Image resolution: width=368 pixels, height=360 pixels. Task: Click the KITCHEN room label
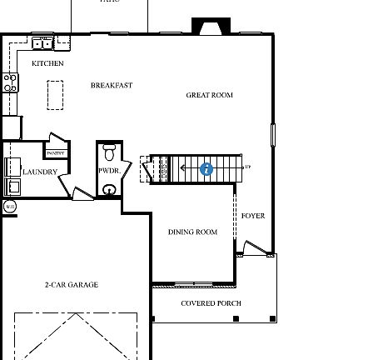click(47, 63)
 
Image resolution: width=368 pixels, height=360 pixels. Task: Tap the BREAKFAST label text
click(112, 85)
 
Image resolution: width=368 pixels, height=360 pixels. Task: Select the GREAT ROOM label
click(209, 95)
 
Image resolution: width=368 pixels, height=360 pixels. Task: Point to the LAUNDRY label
click(40, 172)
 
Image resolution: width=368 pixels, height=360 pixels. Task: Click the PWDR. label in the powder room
click(109, 171)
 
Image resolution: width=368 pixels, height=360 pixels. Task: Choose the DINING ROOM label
click(192, 232)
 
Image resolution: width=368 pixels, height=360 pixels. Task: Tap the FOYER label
click(253, 216)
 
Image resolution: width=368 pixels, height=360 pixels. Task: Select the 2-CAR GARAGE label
click(71, 285)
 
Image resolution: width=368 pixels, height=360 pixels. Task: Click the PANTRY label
click(56, 153)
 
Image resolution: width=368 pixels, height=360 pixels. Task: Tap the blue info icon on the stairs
click(206, 169)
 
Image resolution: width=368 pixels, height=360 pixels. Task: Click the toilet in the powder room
click(109, 153)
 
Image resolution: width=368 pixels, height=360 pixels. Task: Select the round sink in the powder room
click(109, 190)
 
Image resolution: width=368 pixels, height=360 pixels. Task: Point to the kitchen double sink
click(43, 42)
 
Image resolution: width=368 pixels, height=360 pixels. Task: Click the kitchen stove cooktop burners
click(10, 82)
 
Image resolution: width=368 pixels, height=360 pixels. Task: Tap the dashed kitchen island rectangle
click(55, 94)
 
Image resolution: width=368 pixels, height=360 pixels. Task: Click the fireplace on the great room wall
click(211, 27)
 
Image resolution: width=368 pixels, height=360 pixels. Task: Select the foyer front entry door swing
click(253, 248)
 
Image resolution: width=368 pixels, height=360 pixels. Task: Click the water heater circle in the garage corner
click(9, 206)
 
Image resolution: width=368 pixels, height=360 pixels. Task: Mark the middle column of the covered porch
click(236, 318)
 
